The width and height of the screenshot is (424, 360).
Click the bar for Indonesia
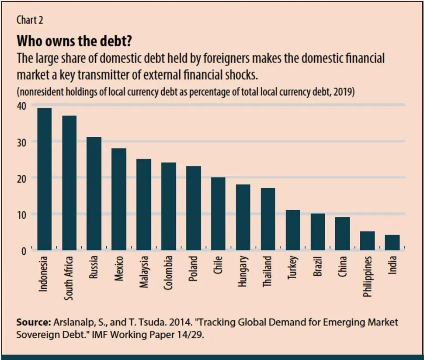[44, 179]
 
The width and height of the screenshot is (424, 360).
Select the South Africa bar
[69, 183]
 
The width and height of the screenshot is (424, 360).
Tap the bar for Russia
[94, 194]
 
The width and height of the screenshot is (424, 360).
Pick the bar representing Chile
[218, 214]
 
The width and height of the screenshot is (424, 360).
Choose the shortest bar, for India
[392, 243]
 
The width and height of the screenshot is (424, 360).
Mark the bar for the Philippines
[367, 241]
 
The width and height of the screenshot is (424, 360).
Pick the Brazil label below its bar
[318, 267]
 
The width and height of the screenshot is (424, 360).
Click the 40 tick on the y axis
[21, 106]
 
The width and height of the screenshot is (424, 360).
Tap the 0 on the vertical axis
[24, 251]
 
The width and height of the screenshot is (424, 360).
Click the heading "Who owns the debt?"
[75, 42]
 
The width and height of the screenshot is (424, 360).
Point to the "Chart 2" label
[30, 20]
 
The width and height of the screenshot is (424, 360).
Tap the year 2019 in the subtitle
[342, 92]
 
